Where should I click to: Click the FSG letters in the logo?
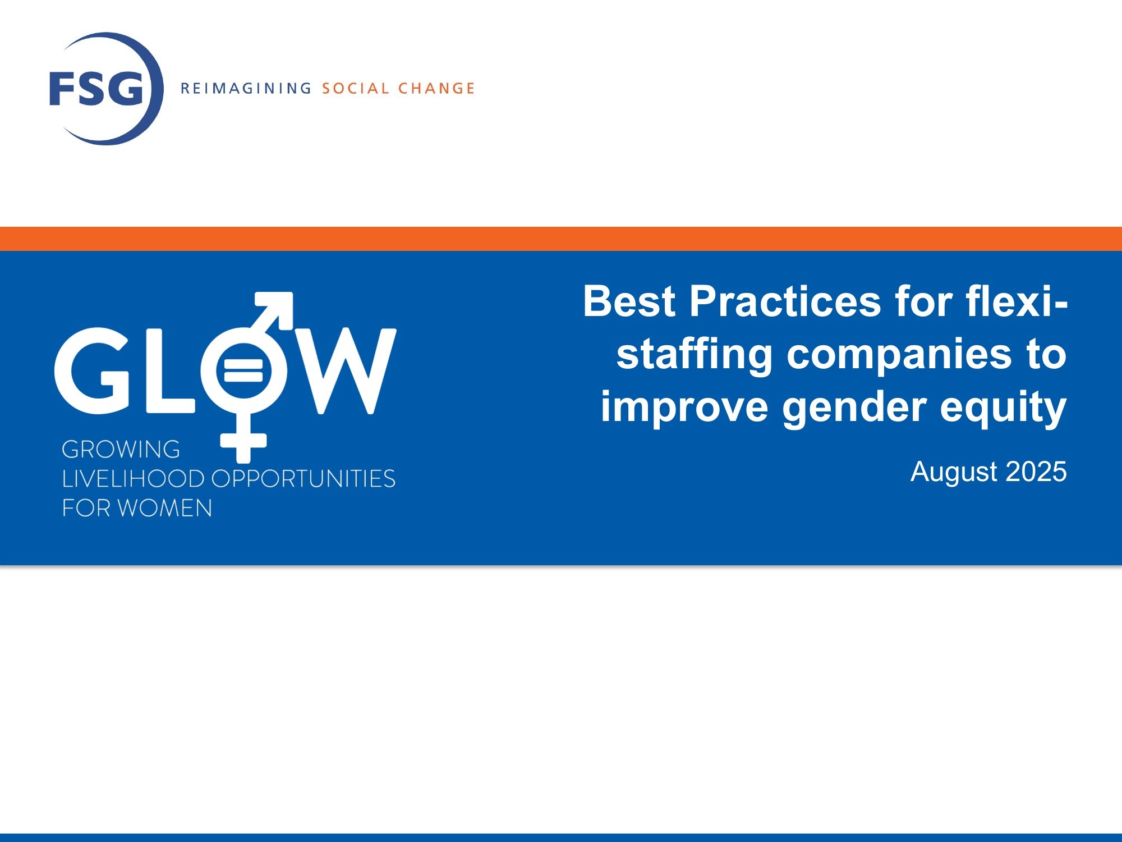[96, 88]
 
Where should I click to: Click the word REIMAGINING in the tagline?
[246, 88]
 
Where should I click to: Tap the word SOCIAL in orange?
[355, 88]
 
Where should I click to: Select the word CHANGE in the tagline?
[436, 88]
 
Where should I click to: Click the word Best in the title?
[629, 301]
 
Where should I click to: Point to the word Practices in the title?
[785, 301]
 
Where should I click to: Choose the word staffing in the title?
[695, 355]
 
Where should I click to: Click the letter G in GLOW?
[93, 370]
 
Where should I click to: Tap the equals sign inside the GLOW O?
[243, 370]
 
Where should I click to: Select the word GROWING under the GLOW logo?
[121, 449]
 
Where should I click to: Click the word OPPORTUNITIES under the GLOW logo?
[303, 479]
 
